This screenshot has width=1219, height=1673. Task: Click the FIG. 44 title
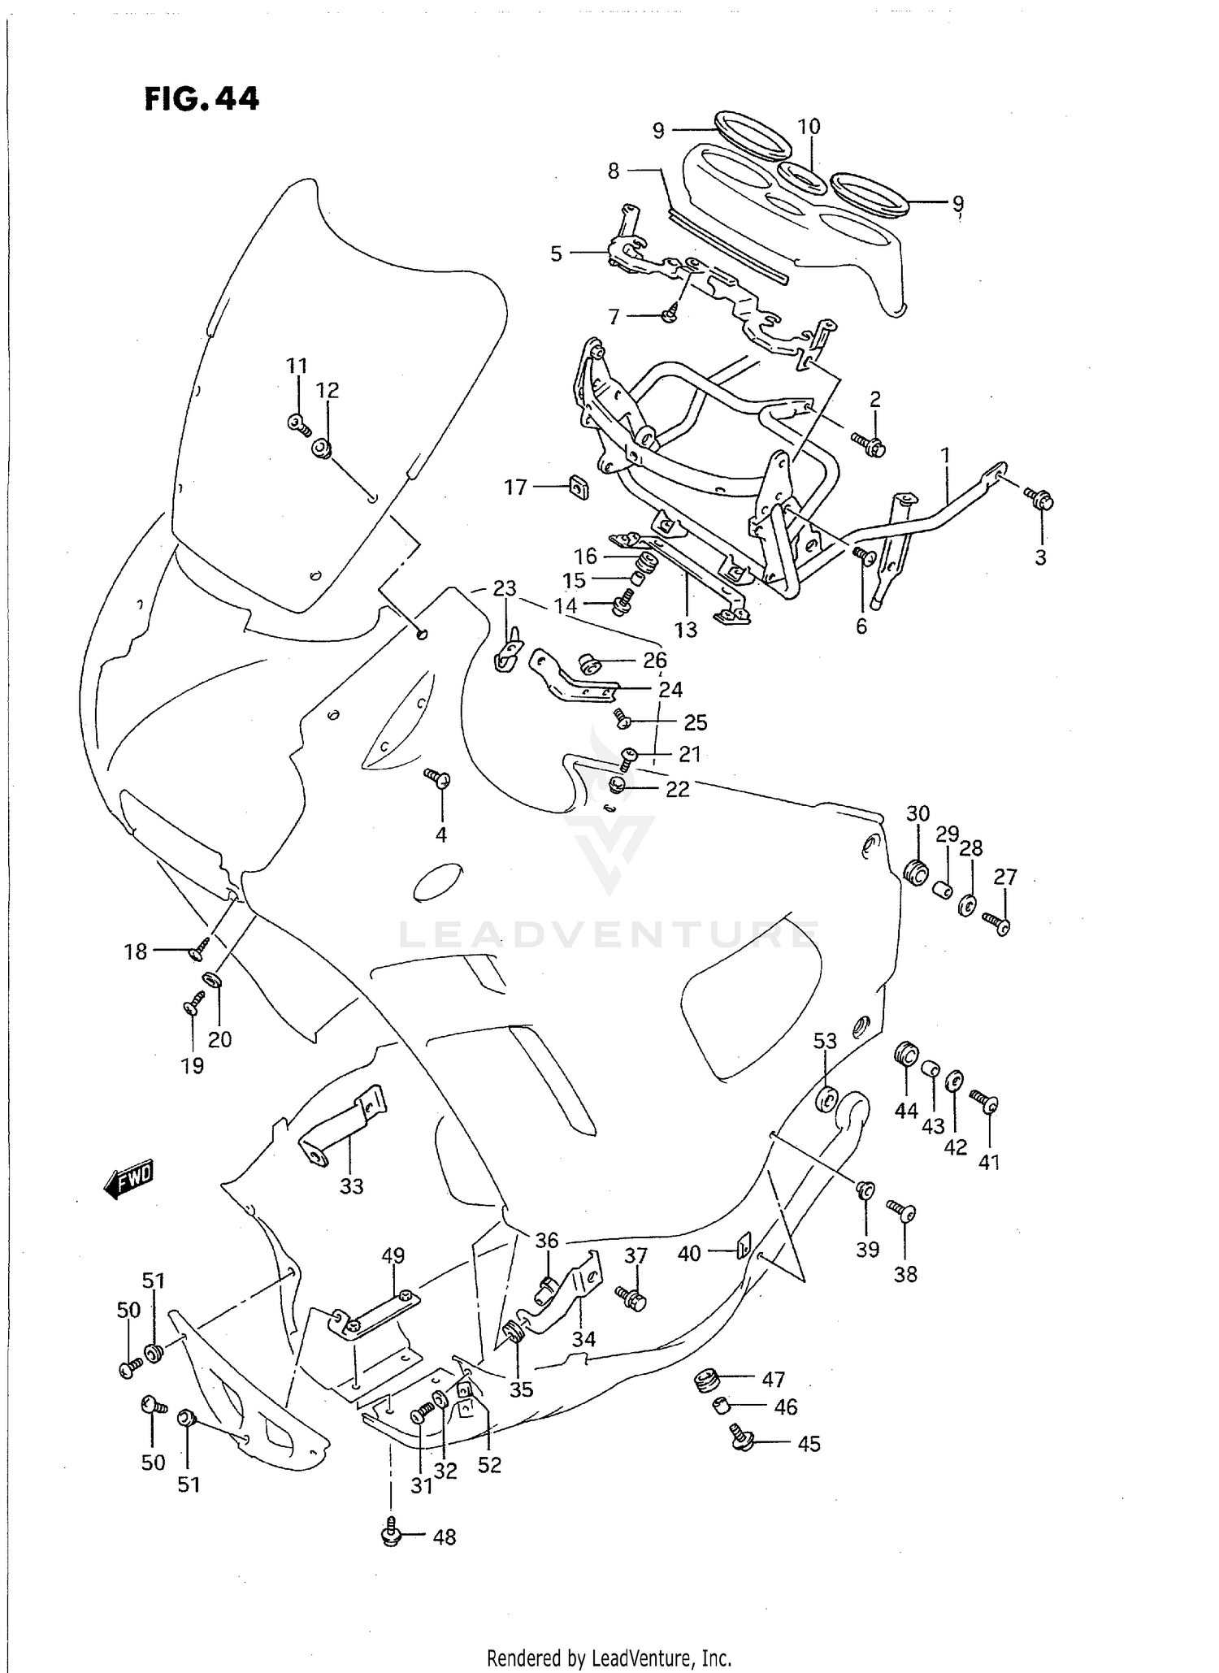coord(202,99)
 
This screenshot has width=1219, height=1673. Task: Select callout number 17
coord(515,488)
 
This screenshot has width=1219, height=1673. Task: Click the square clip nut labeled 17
coord(579,488)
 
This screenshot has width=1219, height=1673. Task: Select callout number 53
coord(825,1041)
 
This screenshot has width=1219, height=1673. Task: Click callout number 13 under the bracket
coord(685,630)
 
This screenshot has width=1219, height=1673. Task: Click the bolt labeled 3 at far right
coord(1039,499)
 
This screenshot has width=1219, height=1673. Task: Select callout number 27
coord(1005,877)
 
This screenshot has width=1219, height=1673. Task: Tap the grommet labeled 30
coord(917,873)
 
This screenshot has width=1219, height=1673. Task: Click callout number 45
coord(809,1444)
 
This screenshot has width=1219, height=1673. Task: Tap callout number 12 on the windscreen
coord(327,390)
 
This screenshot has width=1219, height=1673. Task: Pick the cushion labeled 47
coord(705,1379)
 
